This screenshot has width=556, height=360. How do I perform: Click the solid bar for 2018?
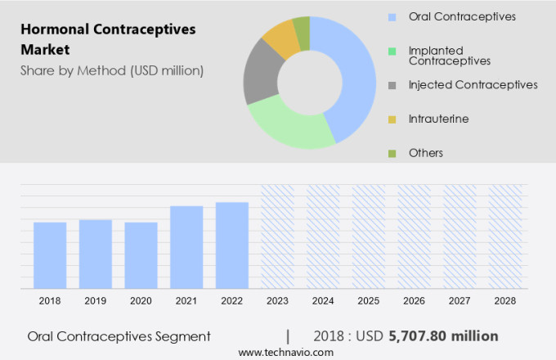[50, 254]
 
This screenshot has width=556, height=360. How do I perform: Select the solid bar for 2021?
[186, 246]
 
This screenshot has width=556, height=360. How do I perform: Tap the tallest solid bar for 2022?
[232, 245]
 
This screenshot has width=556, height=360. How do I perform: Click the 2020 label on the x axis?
[141, 301]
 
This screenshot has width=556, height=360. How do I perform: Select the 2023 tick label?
[277, 301]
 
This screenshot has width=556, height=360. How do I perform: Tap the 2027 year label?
[460, 301]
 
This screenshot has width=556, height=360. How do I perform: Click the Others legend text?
[426, 153]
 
